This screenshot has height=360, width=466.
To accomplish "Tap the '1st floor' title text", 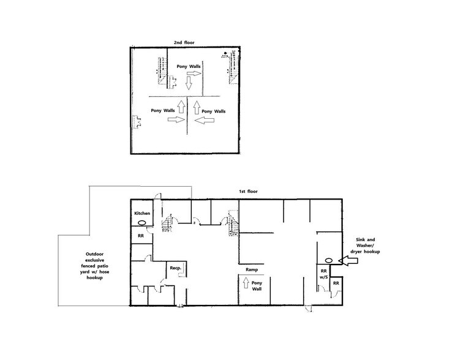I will click(248, 192).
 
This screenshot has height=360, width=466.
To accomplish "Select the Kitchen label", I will click(142, 213).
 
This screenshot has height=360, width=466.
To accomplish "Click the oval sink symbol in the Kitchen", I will click(142, 223).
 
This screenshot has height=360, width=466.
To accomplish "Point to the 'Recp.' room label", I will click(174, 268).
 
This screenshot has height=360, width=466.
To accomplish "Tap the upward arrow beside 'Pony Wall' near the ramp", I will click(246, 283).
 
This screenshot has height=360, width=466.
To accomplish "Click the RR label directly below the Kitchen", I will click(140, 235).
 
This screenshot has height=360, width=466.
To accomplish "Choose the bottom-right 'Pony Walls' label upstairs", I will click(214, 111).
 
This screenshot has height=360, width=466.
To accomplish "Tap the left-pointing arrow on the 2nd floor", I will click(204, 121).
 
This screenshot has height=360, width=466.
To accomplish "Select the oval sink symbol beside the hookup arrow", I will click(328, 260).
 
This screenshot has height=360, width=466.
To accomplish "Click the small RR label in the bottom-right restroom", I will click(336, 284).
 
